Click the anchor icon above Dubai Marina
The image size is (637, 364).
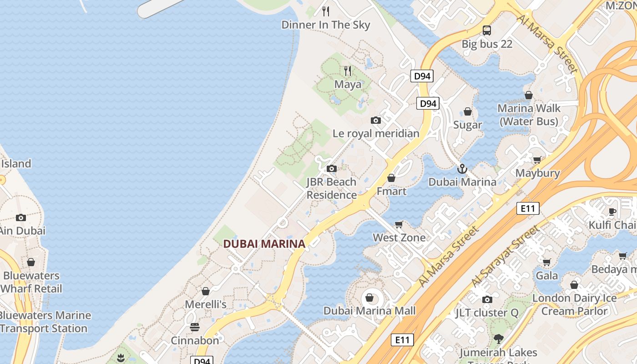(462, 169)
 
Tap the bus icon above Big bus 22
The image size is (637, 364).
(487, 30)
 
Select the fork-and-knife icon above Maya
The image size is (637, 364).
(348, 71)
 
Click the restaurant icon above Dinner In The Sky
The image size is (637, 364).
(325, 11)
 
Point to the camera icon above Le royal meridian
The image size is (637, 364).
(375, 120)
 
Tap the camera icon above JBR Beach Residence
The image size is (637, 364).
(331, 169)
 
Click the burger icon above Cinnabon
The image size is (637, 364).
(195, 327)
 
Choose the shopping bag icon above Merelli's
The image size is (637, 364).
(206, 291)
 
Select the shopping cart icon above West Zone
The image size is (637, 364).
(399, 224)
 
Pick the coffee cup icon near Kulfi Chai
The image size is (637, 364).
(612, 212)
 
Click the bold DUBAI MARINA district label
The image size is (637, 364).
(264, 244)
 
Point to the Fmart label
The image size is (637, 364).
(391, 191)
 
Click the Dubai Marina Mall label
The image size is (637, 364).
(369, 311)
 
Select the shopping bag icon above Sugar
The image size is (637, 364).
(467, 111)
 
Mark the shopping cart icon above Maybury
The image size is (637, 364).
(537, 160)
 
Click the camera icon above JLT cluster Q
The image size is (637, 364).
(487, 299)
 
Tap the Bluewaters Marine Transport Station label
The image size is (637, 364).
(45, 322)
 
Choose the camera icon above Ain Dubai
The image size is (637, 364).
(21, 217)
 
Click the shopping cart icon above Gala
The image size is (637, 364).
(546, 262)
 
